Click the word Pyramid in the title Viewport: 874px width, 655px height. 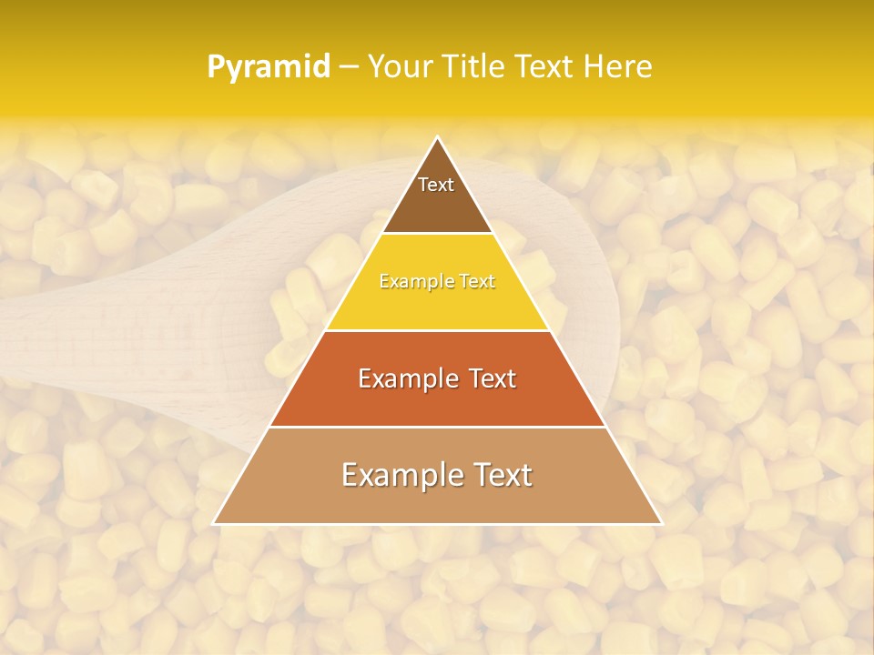click(268, 67)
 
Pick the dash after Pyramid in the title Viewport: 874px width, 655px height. click(348, 67)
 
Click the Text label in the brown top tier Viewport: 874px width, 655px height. click(436, 185)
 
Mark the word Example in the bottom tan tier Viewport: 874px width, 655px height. click(394, 475)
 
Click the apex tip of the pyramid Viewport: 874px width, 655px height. click(437, 137)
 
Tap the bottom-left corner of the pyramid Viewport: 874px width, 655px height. click(214, 523)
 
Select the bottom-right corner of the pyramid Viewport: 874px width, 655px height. click(661, 523)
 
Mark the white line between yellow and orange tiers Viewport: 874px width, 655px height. click(437, 330)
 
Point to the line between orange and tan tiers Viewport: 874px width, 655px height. click(437, 427)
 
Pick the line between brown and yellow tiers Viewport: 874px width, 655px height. click(437, 233)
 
